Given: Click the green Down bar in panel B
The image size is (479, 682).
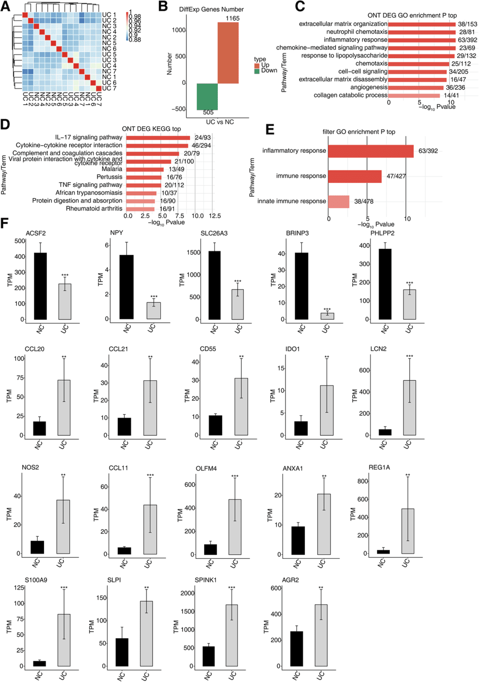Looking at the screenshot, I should click(207, 96).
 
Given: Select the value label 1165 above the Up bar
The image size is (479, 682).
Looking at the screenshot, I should click(232, 18).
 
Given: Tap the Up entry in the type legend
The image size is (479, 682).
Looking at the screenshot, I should click(265, 65).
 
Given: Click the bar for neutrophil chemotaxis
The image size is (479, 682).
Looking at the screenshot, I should click(422, 32).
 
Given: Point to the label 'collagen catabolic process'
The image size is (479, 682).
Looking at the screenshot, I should click(350, 95).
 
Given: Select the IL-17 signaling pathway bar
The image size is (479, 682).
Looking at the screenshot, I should click(158, 138).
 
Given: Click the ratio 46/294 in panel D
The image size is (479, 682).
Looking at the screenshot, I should click(201, 145).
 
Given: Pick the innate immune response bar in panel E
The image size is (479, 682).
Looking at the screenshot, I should click(338, 202).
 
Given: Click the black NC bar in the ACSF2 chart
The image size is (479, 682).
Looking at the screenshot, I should click(40, 286).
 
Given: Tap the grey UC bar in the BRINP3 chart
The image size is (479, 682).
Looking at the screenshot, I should click(327, 316).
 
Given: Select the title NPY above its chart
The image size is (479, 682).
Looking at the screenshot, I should click(117, 233).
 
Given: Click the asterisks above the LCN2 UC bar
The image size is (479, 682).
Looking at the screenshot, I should click(409, 356).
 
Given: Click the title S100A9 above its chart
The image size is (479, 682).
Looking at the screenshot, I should click(36, 580).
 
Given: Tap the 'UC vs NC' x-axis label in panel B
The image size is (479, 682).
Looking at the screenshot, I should click(220, 122).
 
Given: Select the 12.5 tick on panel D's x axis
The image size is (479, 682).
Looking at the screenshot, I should click(215, 216).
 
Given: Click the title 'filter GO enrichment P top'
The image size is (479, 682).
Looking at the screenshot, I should click(358, 132).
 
